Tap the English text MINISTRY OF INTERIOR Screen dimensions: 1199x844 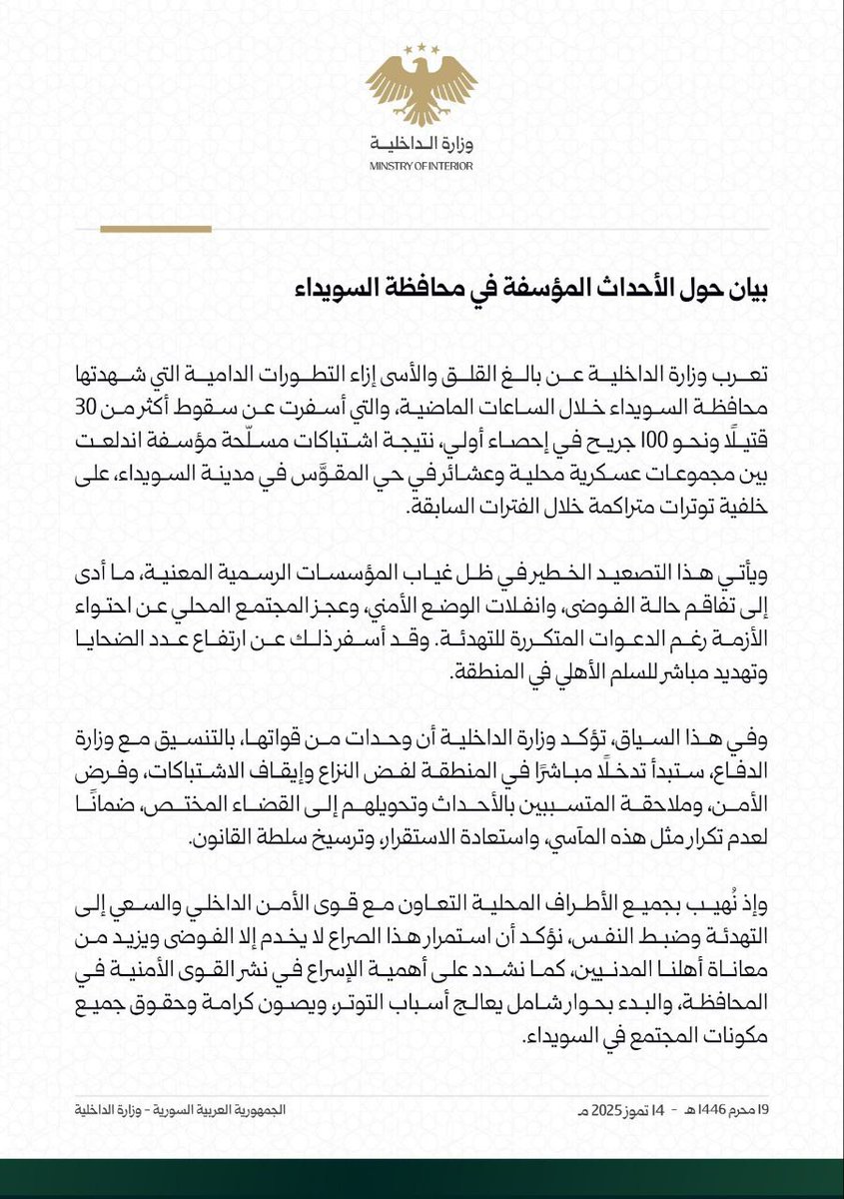(422, 166)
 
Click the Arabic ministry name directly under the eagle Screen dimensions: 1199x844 (422, 147)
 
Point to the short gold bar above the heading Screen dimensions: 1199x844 (156, 229)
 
